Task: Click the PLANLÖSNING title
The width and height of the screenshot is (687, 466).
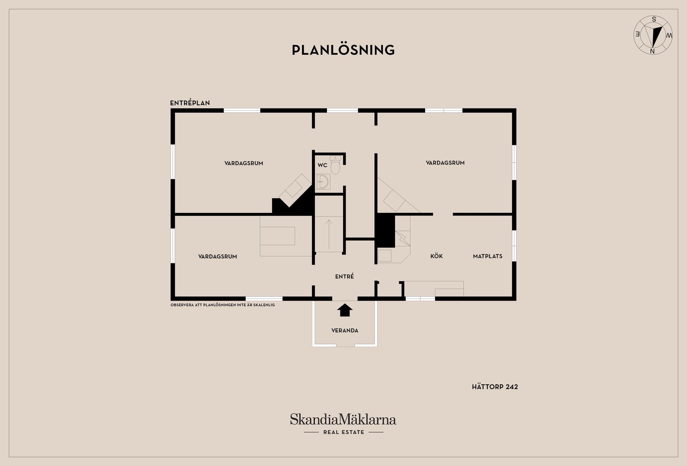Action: (x=343, y=50)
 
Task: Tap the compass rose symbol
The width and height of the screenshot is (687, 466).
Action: (x=653, y=35)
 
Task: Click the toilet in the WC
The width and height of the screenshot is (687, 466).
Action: (x=335, y=165)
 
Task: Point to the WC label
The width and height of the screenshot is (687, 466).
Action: (x=322, y=165)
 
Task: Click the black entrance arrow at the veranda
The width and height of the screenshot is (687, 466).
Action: (x=345, y=310)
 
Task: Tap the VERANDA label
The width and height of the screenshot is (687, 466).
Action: (x=345, y=331)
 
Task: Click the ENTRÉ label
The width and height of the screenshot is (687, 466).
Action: (x=345, y=276)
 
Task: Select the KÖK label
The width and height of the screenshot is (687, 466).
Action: (x=437, y=256)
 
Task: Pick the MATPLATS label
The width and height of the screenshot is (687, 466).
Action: (x=488, y=256)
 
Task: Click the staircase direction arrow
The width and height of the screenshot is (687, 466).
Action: (x=329, y=234)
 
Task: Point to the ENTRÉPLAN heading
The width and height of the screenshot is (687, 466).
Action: (x=190, y=103)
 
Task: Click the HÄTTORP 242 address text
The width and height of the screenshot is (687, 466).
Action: (x=495, y=387)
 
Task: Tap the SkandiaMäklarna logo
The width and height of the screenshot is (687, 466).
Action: (x=343, y=419)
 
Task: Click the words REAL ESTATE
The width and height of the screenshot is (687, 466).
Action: (x=343, y=432)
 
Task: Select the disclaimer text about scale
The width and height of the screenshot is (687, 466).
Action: (x=223, y=305)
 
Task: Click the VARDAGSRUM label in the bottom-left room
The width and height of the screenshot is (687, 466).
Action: (x=218, y=257)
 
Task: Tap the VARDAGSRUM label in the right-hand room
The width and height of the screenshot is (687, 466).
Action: (x=445, y=163)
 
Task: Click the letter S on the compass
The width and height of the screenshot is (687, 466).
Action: (x=654, y=19)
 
